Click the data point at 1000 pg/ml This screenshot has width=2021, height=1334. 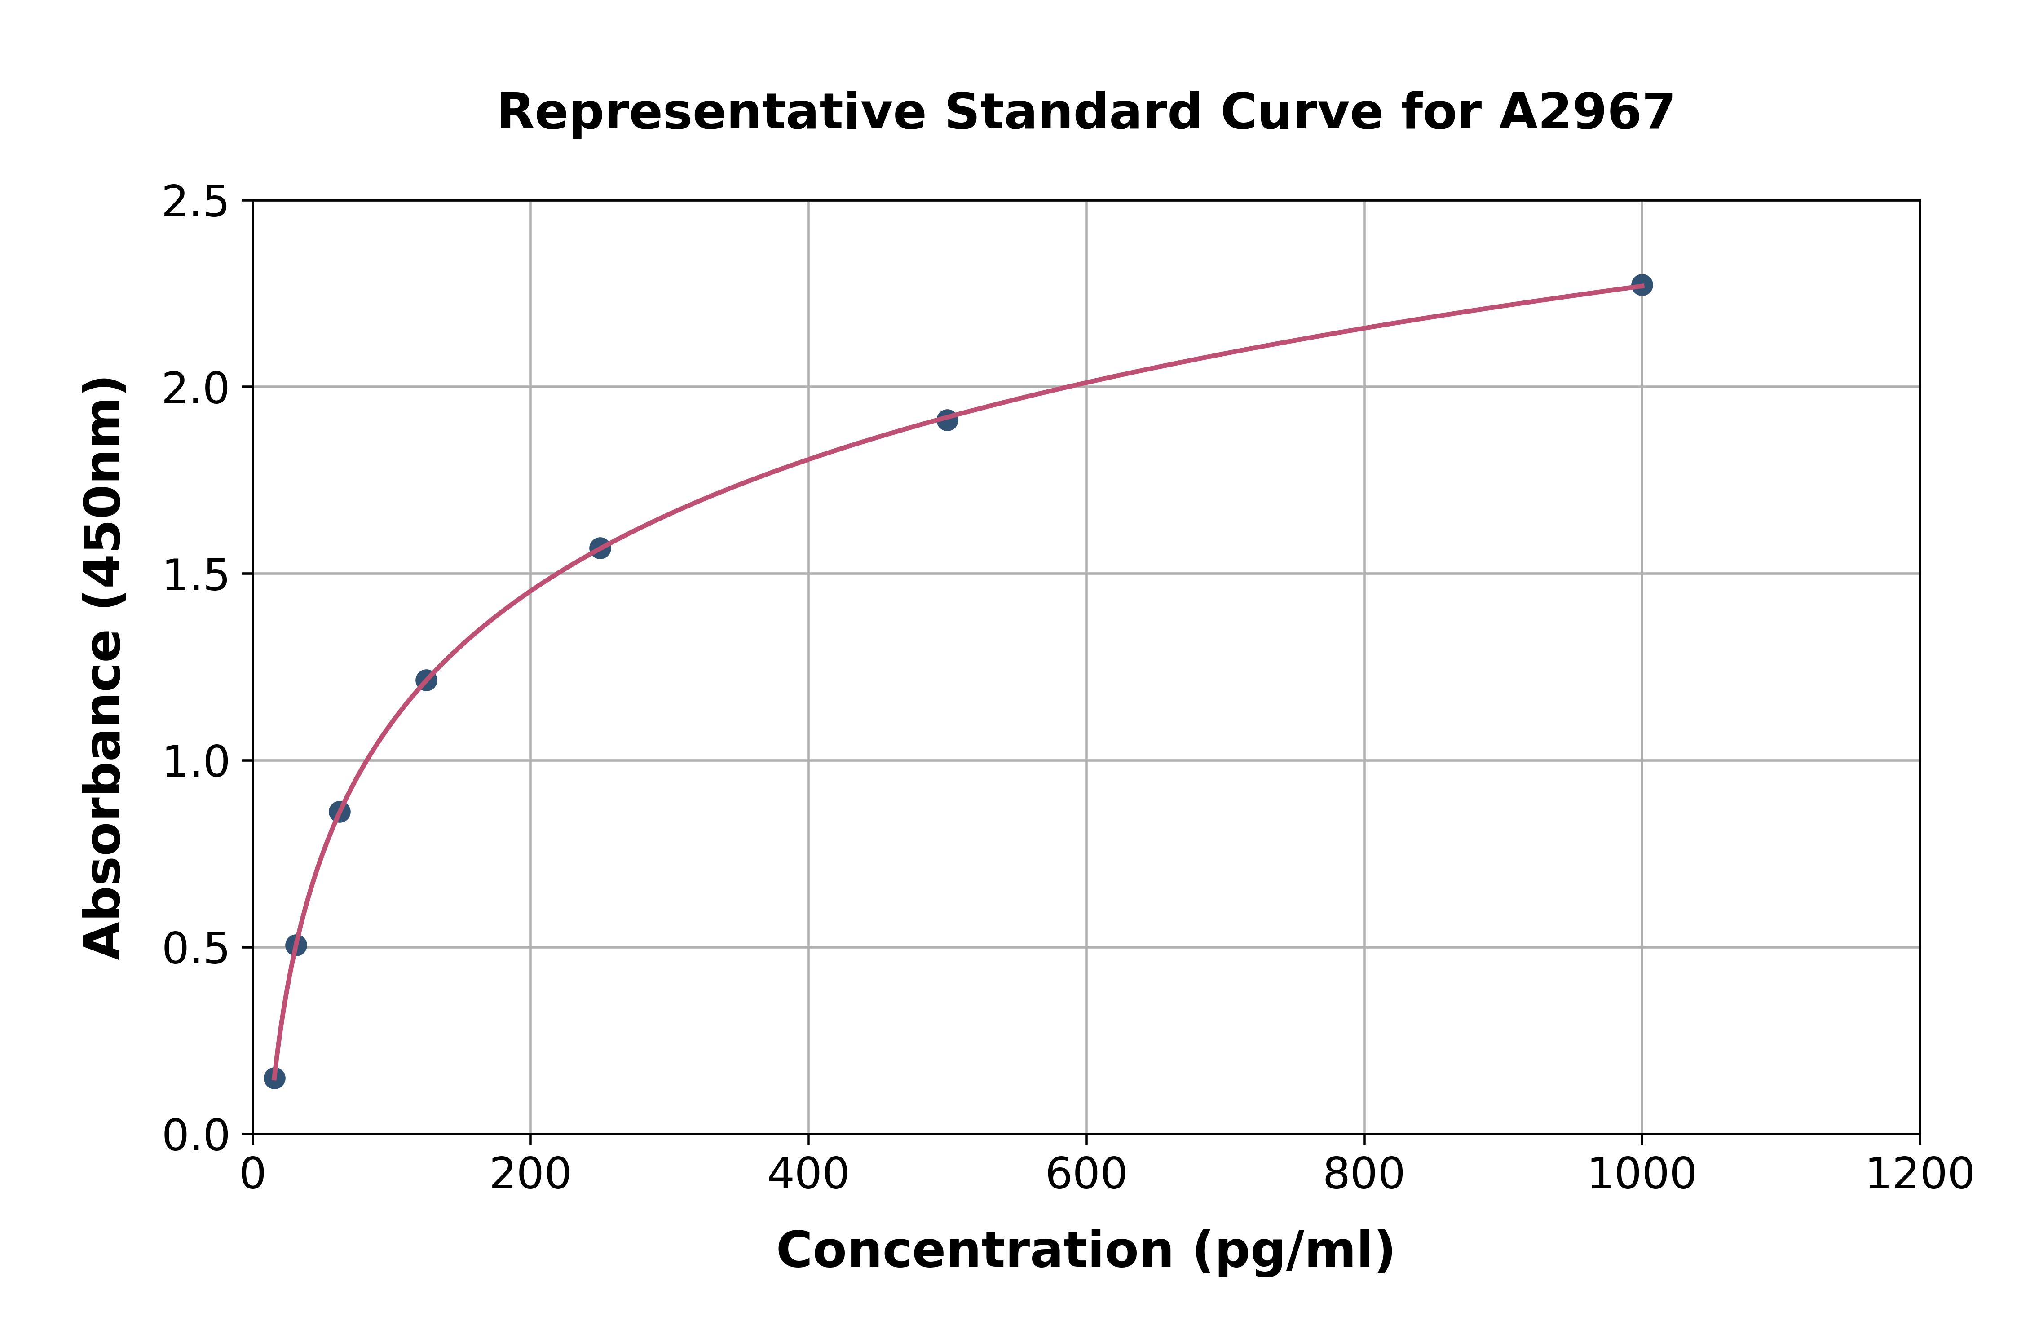coord(1642,285)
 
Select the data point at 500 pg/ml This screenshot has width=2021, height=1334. coord(947,420)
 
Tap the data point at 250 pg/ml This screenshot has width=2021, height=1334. coord(600,548)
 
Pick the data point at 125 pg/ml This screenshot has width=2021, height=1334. coord(426,680)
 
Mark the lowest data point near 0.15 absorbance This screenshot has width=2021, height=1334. coord(274,1078)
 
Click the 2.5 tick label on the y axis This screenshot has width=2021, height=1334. coord(196,203)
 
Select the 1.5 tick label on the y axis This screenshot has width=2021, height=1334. coord(196,575)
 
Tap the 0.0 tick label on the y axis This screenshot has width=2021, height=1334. coord(196,1136)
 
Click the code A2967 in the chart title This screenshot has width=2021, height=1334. coord(1586,112)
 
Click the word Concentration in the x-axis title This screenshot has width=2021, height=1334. coord(975,1250)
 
